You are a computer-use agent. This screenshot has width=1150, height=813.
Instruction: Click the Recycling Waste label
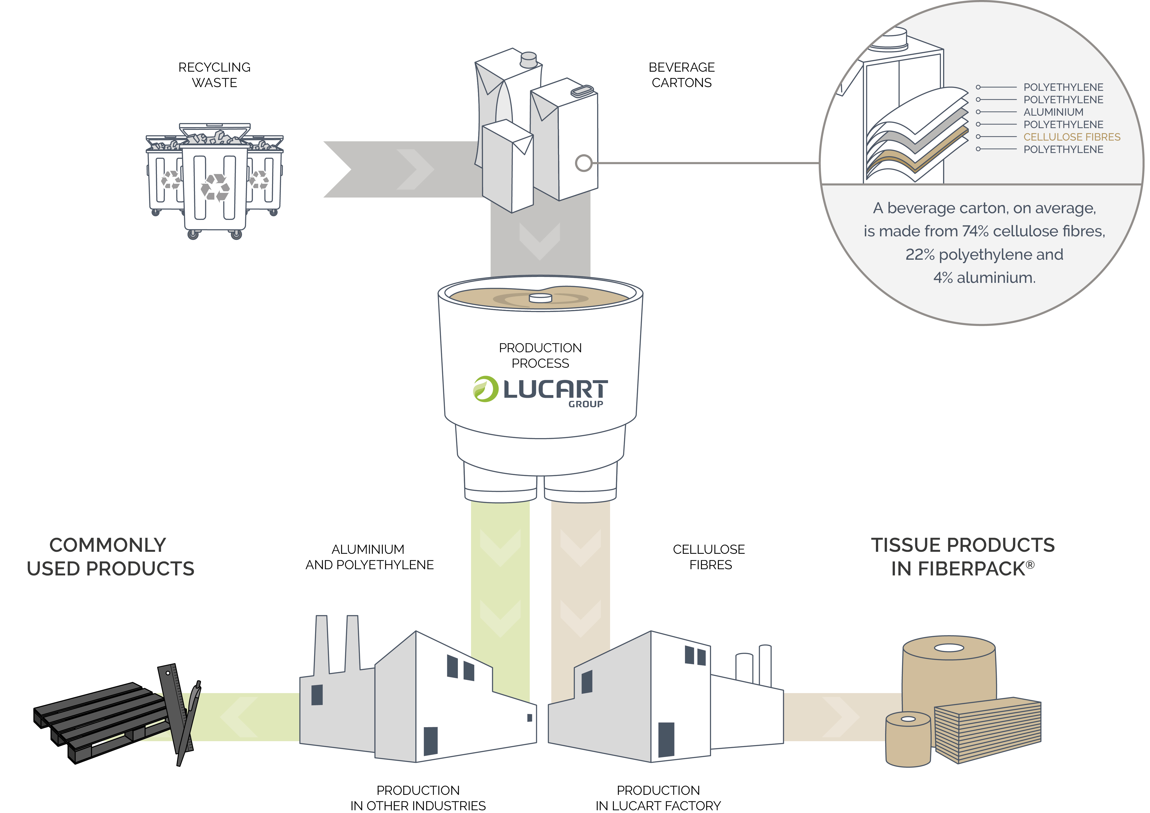pos(214,75)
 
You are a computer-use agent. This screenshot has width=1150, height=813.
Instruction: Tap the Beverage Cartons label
pos(682,75)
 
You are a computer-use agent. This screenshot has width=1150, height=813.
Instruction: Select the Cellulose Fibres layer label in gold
pos(1072,137)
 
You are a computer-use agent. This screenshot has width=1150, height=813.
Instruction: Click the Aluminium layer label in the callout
pos(1053,112)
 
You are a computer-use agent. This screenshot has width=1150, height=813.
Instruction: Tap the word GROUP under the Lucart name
pos(585,404)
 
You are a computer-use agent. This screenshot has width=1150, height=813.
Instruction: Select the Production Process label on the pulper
pos(540,355)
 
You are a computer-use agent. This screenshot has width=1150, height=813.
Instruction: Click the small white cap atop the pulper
pos(540,298)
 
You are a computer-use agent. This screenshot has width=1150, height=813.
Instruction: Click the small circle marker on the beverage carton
pos(583,163)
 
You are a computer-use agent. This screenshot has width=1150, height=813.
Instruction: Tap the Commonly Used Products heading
pos(110,557)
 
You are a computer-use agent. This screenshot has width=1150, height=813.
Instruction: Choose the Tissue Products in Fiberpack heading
pos(963,557)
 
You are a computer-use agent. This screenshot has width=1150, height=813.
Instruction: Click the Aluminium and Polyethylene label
pos(370,557)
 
